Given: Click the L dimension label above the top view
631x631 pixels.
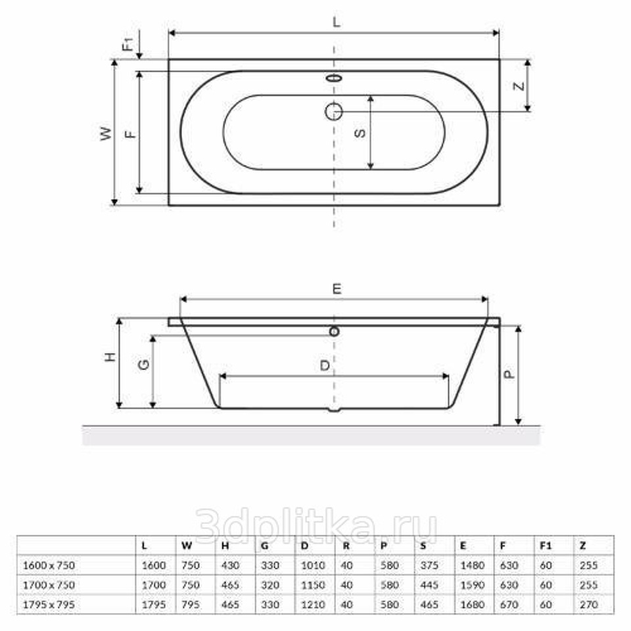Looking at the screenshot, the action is click(x=337, y=22).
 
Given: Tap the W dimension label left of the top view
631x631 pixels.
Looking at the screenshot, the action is click(x=106, y=133).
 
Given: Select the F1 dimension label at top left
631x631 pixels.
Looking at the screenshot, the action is click(x=128, y=44).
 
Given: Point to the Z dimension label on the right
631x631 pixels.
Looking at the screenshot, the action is click(x=519, y=85).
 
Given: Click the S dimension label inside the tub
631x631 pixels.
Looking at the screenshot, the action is click(x=361, y=133).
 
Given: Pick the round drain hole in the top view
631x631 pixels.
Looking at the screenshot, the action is click(x=334, y=112).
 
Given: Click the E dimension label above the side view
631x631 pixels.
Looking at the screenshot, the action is click(x=337, y=289).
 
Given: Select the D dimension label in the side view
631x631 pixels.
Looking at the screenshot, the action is click(x=325, y=365).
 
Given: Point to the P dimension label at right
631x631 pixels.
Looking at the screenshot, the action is click(x=509, y=374).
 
